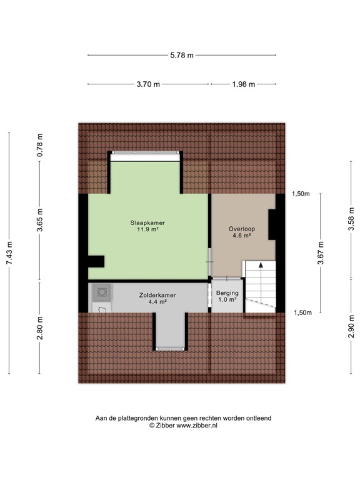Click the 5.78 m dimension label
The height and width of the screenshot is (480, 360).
(x=182, y=55)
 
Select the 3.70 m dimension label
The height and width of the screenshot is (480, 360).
(x=148, y=84)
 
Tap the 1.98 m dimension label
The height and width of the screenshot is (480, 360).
(x=243, y=84)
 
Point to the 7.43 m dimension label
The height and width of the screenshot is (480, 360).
(x=9, y=252)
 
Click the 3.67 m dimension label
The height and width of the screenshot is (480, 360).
(x=321, y=252)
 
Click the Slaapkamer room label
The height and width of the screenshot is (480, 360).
(x=147, y=222)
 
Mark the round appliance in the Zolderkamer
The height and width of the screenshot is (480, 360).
(x=101, y=291)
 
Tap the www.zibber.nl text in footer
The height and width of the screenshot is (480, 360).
(x=195, y=425)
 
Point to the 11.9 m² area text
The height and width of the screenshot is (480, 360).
(x=147, y=229)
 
